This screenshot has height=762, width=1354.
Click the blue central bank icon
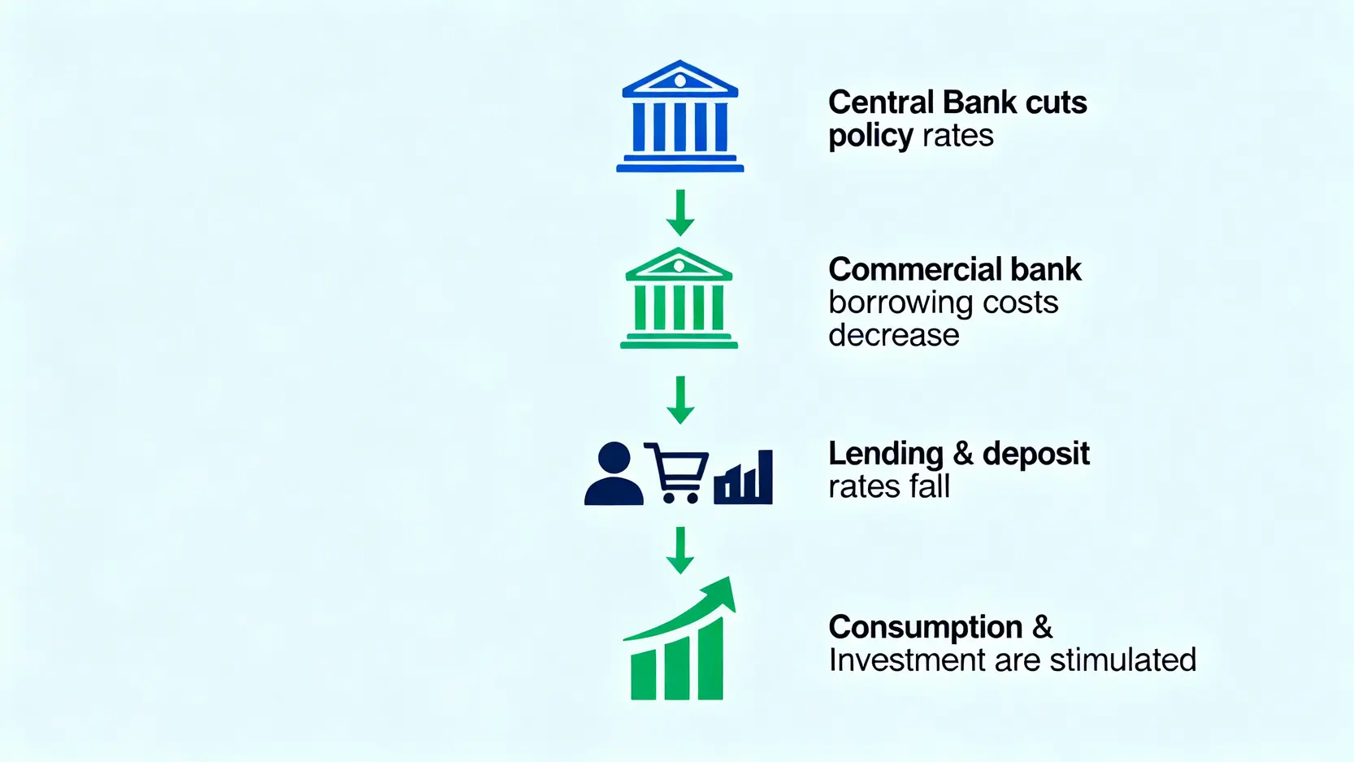(x=680, y=116)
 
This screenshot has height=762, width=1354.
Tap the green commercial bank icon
(x=679, y=298)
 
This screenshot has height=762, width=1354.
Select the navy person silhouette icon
(x=614, y=473)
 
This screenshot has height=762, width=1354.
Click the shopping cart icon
(x=677, y=473)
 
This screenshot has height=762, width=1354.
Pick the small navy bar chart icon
(x=744, y=477)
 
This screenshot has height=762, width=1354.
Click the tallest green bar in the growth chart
(x=711, y=660)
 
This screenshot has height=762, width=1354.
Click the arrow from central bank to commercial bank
(x=680, y=213)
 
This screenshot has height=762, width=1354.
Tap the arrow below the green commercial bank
(x=680, y=400)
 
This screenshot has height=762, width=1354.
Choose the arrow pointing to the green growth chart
(x=680, y=551)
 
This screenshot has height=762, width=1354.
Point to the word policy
(x=870, y=136)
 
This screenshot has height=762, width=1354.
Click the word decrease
(x=894, y=335)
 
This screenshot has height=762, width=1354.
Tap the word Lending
(x=886, y=455)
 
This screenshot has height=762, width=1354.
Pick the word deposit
(x=1036, y=455)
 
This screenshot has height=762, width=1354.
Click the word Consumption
(x=926, y=628)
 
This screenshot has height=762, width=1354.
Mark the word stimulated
(x=1123, y=660)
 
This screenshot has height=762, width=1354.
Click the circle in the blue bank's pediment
(x=680, y=81)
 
